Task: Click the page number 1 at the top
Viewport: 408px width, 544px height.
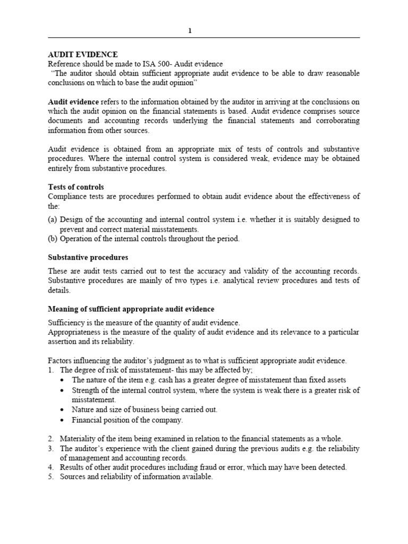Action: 190,31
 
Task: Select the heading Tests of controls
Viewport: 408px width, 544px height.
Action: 76,187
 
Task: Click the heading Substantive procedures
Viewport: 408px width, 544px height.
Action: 88,257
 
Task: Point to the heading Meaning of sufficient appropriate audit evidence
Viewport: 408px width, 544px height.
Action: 131,309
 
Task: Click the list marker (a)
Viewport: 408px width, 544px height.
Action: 53,219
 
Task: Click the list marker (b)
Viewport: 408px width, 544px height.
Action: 53,239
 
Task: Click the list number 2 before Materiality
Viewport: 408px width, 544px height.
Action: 50,438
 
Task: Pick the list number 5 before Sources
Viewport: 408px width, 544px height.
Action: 50,477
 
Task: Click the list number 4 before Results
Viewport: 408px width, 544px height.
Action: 50,467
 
